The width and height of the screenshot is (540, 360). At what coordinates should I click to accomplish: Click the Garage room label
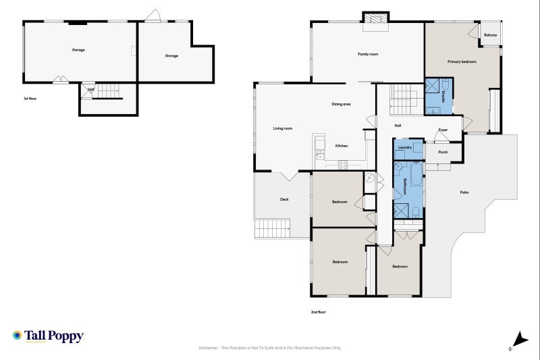tap(78, 50)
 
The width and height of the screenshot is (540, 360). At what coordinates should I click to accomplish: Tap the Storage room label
tap(171, 55)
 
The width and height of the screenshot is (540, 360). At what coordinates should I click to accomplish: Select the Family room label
tap(368, 53)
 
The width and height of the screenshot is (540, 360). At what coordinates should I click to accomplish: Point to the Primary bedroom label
tap(462, 61)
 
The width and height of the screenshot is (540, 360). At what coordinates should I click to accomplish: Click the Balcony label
tap(490, 34)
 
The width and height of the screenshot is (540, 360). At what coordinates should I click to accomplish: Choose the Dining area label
tap(341, 104)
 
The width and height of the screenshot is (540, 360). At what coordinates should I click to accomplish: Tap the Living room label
tap(282, 128)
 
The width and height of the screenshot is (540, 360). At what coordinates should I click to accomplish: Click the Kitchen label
tap(342, 146)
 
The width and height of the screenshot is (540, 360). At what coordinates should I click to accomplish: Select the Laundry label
tap(405, 147)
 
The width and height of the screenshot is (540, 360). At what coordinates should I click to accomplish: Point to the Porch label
tap(443, 152)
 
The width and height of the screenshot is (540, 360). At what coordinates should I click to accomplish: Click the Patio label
tap(464, 192)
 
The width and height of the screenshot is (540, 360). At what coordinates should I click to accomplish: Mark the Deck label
tap(285, 199)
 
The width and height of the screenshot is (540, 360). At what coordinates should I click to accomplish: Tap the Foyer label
tap(443, 130)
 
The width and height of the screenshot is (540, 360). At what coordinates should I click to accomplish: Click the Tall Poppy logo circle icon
tap(18, 335)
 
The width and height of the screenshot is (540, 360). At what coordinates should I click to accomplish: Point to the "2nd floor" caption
tap(319, 312)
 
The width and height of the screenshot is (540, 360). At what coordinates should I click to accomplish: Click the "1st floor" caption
tap(30, 99)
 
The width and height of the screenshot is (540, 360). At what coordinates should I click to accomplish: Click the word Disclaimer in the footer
tap(208, 348)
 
